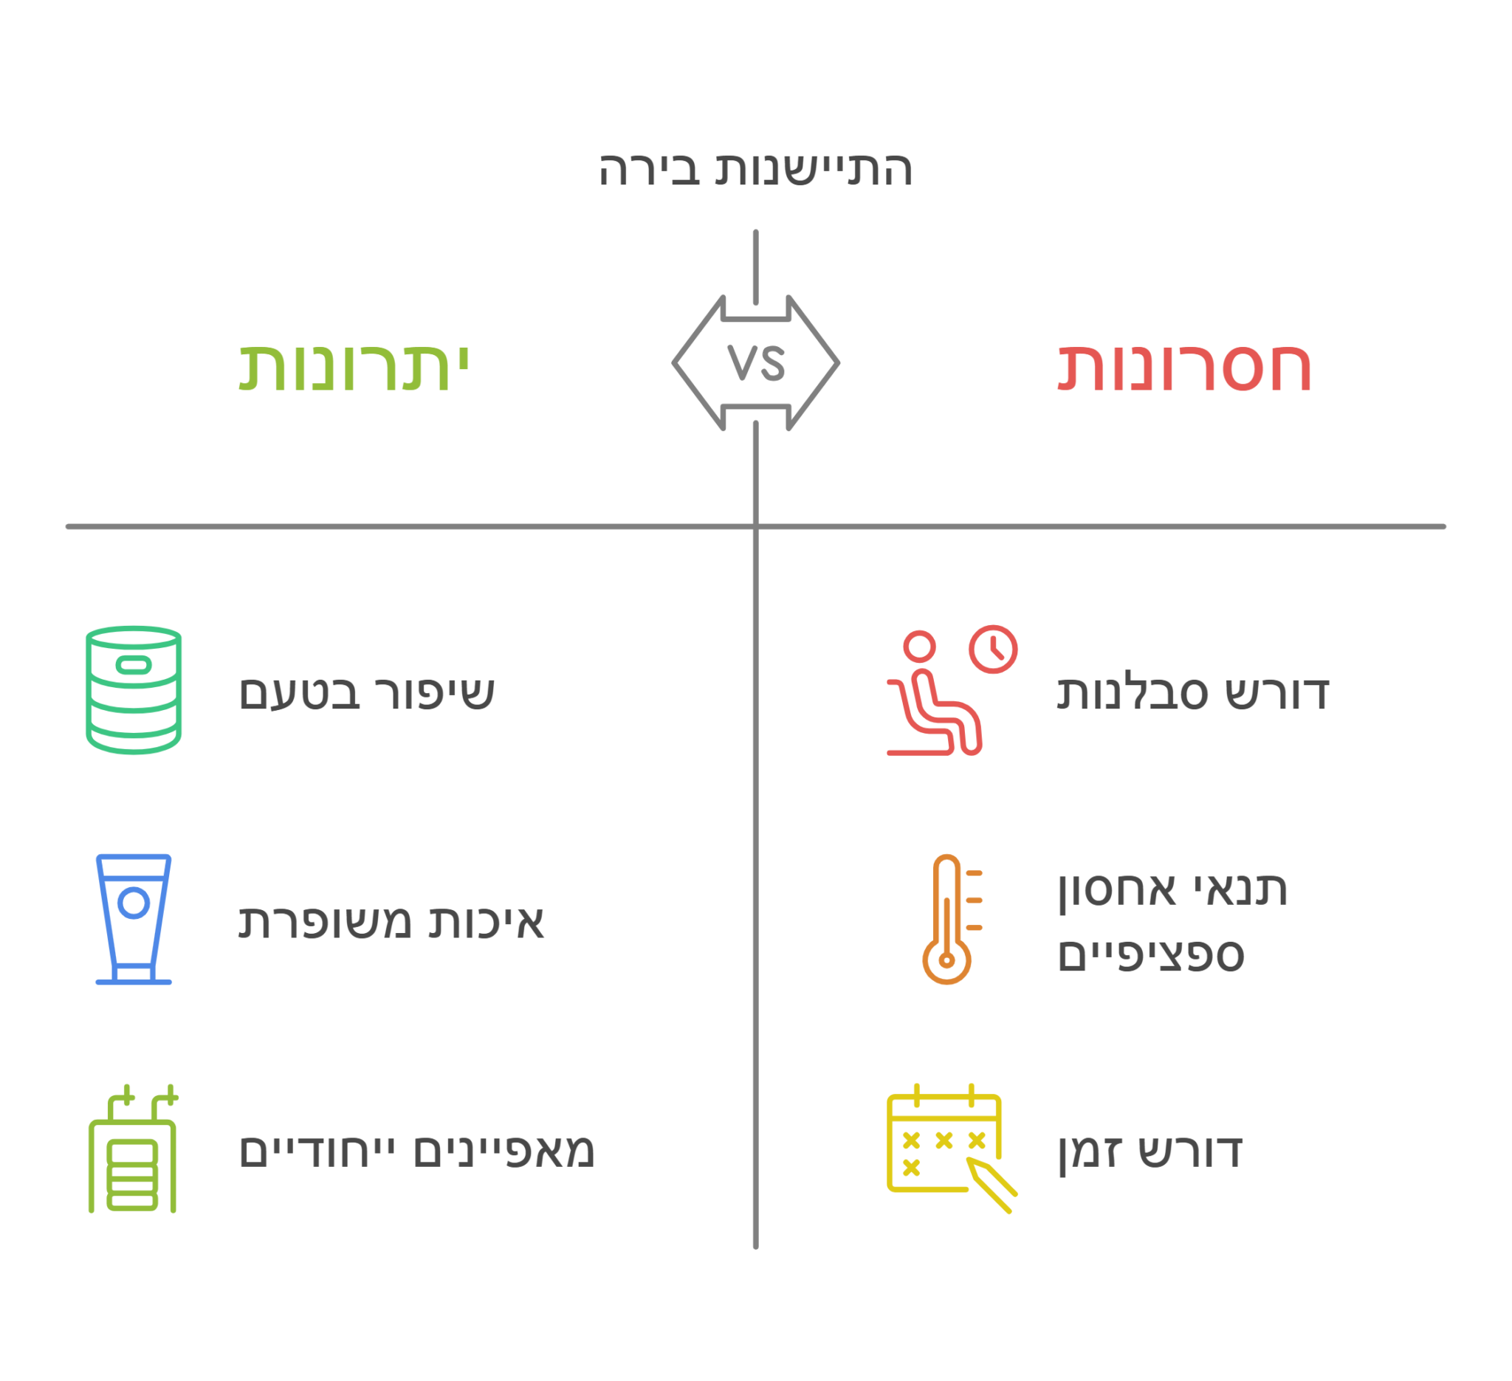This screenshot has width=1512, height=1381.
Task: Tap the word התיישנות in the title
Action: pyautogui.click(x=814, y=169)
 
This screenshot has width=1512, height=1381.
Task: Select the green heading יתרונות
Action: pyautogui.click(x=353, y=368)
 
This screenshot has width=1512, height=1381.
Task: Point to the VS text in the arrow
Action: pyautogui.click(x=756, y=363)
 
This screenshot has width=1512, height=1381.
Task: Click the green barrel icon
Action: pyautogui.click(x=134, y=689)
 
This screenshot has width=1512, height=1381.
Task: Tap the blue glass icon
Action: pyautogui.click(x=134, y=919)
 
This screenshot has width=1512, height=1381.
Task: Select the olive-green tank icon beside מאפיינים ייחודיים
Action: pyautogui.click(x=133, y=1148)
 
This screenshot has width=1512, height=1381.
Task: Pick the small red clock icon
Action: pyautogui.click(x=993, y=650)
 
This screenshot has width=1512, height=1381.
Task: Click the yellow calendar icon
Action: pyautogui.click(x=952, y=1148)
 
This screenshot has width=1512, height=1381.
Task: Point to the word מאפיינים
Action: pyautogui.click(x=504, y=1151)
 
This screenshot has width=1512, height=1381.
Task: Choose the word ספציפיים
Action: pyautogui.click(x=1150, y=956)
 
